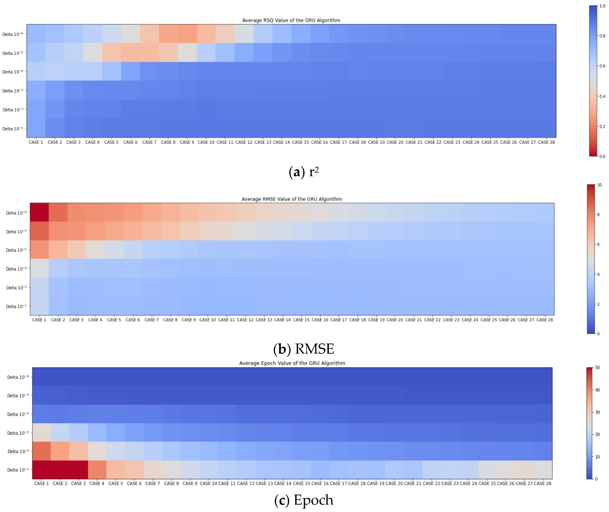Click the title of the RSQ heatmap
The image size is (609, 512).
tap(291, 20)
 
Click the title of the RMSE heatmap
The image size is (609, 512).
tap(292, 199)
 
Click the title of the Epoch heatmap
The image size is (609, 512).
tap(292, 363)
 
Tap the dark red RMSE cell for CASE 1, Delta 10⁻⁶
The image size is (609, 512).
tap(39, 212)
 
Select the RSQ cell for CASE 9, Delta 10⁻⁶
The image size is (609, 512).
tap(187, 34)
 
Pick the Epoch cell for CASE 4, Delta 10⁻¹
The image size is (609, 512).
tap(97, 470)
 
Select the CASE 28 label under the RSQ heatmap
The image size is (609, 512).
tap(546, 142)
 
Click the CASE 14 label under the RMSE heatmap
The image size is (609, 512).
tap(282, 320)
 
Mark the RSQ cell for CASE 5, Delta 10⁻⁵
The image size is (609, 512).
tap(111, 53)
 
